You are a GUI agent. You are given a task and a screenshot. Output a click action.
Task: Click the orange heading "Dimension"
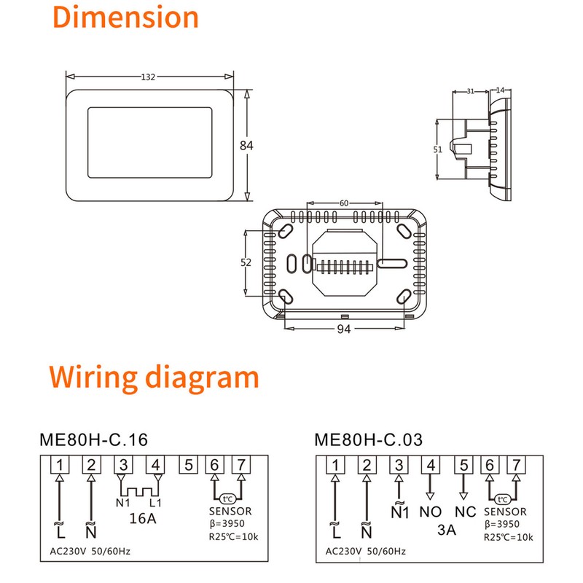[x=126, y=17]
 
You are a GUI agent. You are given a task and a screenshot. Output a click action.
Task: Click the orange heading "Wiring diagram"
[x=154, y=377]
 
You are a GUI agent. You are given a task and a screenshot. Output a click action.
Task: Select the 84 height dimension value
[x=246, y=145]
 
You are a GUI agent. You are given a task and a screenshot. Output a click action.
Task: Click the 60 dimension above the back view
[x=344, y=203]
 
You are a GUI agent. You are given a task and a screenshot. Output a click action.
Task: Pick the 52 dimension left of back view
[x=246, y=262]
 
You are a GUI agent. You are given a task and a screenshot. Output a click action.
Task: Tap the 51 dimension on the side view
[x=438, y=149]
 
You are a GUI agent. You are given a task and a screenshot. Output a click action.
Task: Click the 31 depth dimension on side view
[x=469, y=91]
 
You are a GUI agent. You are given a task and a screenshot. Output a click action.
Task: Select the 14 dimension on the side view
[x=500, y=90]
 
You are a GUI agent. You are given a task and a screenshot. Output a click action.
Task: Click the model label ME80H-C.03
[x=368, y=440]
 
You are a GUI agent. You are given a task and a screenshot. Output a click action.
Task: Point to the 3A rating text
[x=446, y=530]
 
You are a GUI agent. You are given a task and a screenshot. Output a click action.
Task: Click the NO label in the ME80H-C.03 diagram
[x=431, y=512]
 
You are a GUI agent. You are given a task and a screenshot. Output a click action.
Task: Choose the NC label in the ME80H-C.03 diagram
[x=464, y=512]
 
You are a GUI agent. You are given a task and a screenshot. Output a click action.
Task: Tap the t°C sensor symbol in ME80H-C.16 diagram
[x=227, y=499]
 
